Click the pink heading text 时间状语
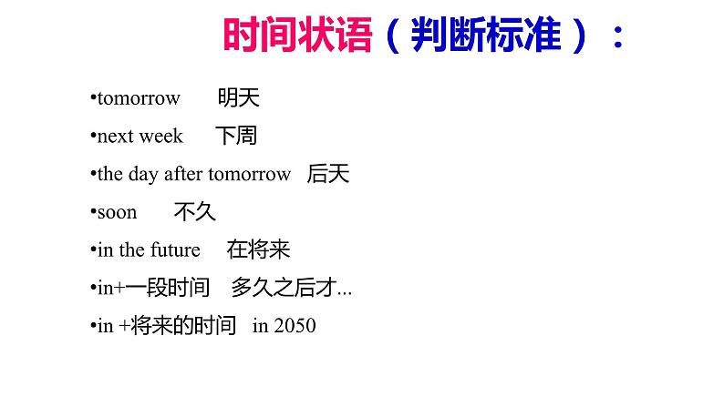(297, 37)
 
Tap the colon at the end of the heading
(618, 37)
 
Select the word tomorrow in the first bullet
(139, 98)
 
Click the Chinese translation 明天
(239, 98)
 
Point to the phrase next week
(140, 137)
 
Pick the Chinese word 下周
(236, 137)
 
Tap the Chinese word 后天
(328, 174)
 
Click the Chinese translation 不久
(194, 212)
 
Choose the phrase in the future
(149, 250)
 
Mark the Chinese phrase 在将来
(259, 250)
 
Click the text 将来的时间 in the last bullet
(182, 325)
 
